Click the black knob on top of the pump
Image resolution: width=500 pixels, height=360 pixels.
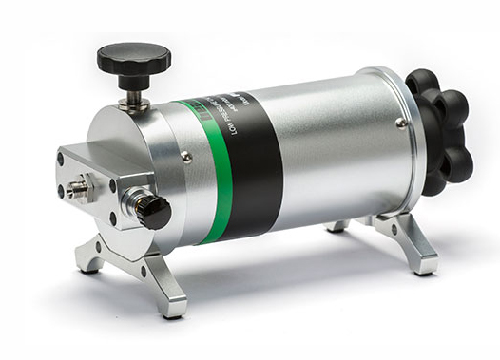(x=133, y=59)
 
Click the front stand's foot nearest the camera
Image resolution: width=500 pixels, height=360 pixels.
(x=174, y=307)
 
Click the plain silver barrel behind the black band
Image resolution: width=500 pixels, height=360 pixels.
(x=333, y=142)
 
